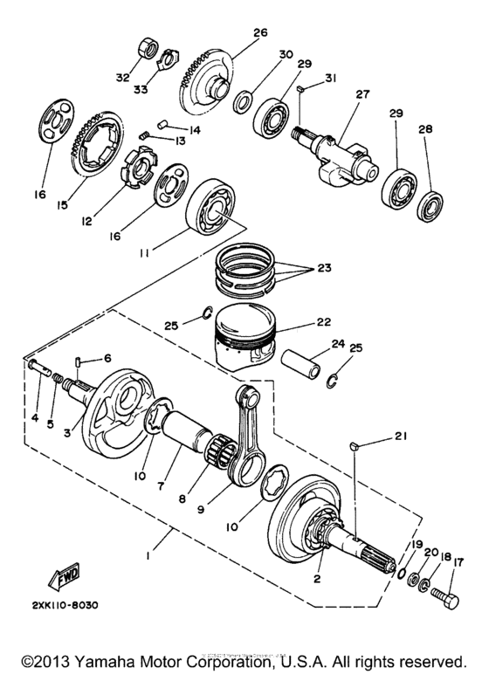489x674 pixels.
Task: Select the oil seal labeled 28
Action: click(430, 206)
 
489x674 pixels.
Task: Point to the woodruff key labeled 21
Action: click(355, 447)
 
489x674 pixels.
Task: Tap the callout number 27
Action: click(362, 92)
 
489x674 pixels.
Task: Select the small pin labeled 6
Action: click(79, 359)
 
